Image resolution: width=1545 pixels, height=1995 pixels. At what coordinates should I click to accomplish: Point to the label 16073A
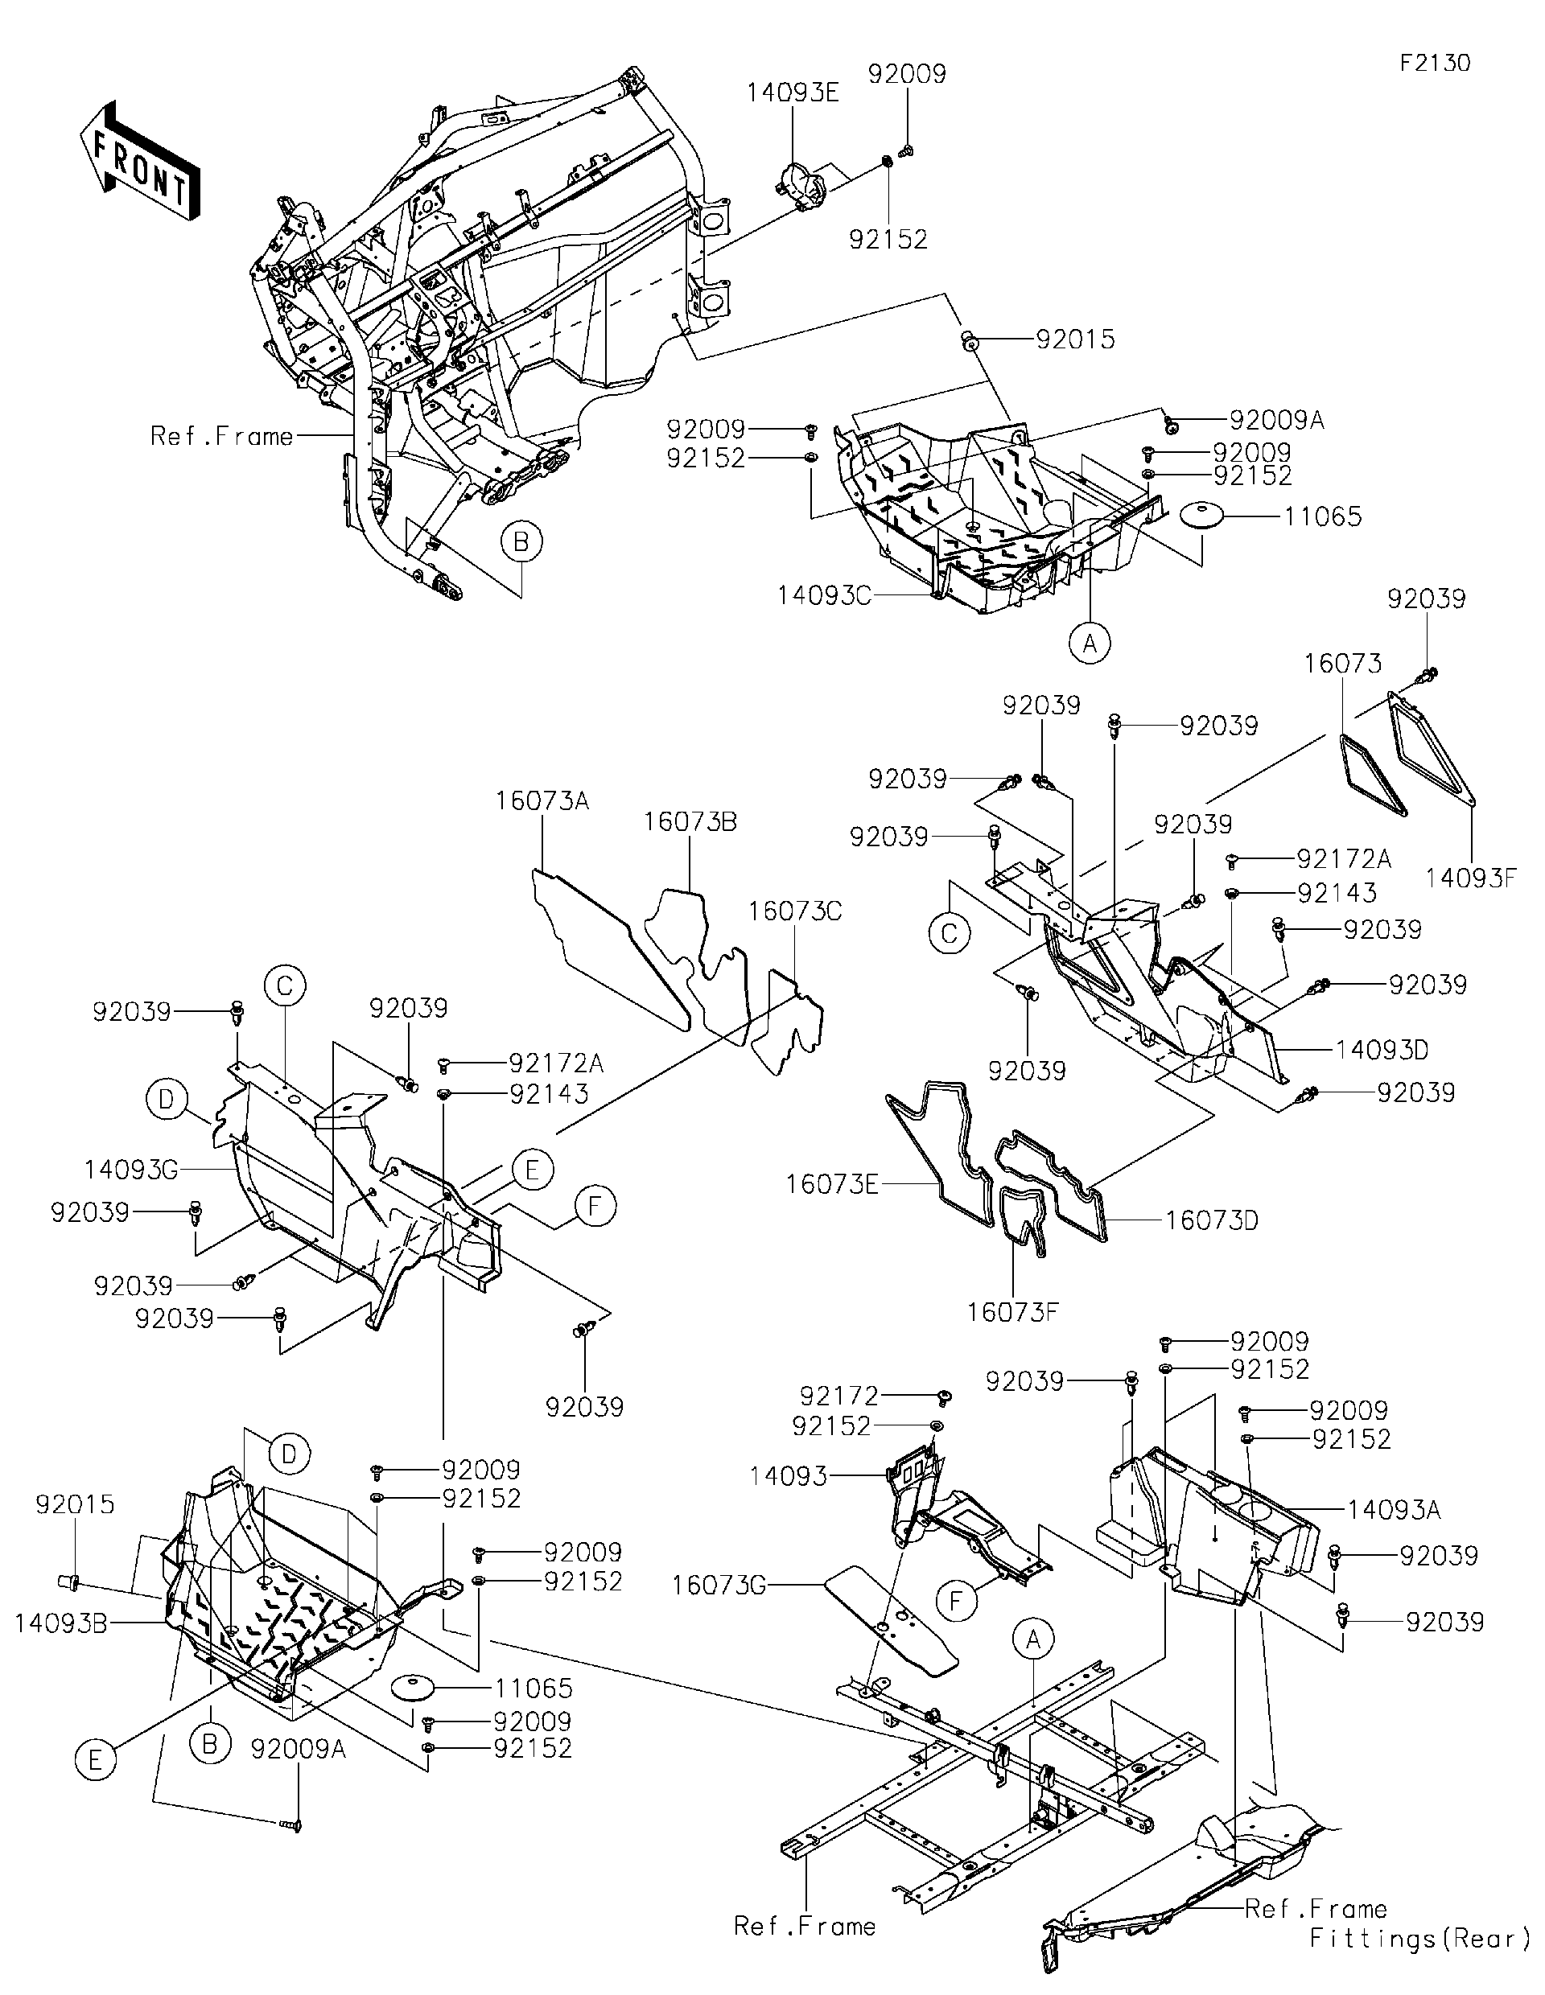(542, 801)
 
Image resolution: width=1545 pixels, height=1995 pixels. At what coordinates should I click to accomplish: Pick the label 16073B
(690, 821)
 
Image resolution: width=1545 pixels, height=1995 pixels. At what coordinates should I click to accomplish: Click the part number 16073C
(795, 911)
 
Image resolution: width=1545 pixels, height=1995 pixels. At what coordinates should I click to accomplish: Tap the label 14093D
(1382, 1050)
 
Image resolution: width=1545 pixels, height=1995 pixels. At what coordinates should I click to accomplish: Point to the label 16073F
(1012, 1313)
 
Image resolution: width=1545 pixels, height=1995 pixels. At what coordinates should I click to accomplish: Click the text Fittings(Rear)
(1419, 1964)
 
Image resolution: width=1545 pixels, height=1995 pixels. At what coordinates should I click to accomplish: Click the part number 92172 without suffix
(838, 1396)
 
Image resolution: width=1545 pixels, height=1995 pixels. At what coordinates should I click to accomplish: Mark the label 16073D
(1212, 1220)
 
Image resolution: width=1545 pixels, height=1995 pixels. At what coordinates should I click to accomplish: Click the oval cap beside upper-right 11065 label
(1202, 517)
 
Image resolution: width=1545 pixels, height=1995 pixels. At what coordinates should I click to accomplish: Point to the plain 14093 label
(788, 1475)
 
